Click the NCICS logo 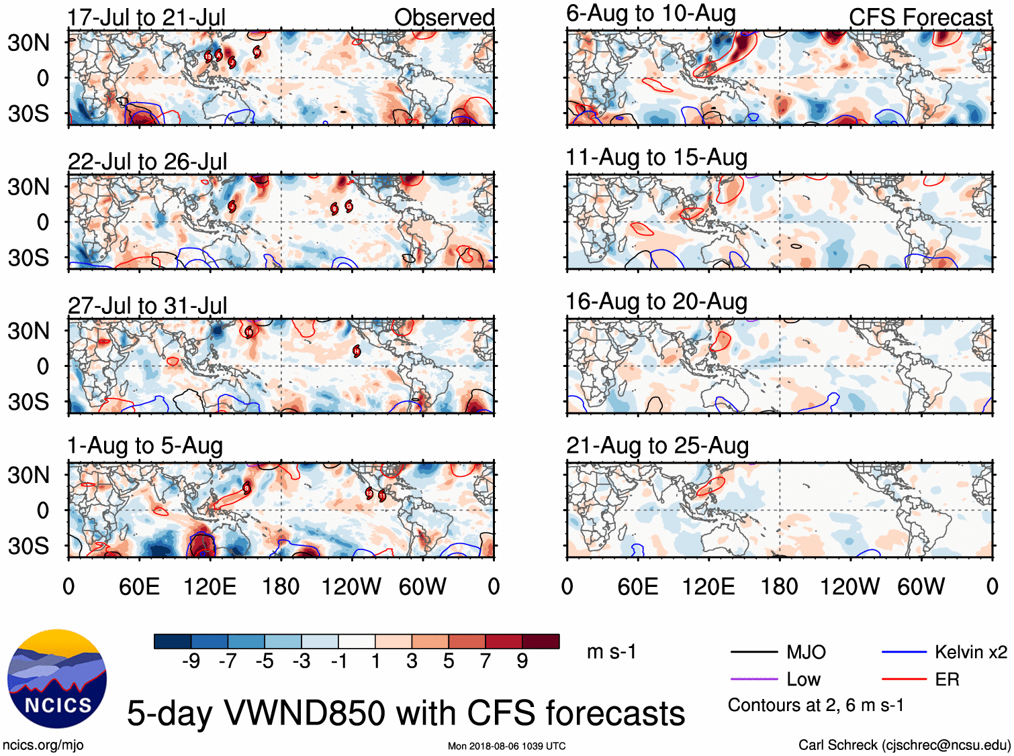tap(57, 679)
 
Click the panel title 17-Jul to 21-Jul tap(146, 17)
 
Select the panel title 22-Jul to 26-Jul tap(147, 162)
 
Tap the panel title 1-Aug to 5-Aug tap(145, 446)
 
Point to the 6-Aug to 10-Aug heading tap(651, 13)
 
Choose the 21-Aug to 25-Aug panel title tap(657, 445)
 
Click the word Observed tap(444, 17)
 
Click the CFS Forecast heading tap(920, 17)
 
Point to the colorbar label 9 tap(522, 661)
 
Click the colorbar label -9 tap(191, 661)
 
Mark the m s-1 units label tap(611, 652)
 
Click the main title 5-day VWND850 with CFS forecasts tap(406, 713)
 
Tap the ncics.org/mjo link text tap(43, 745)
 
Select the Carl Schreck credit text tap(904, 745)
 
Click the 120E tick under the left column tap(210, 587)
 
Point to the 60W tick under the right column tap(921, 587)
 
